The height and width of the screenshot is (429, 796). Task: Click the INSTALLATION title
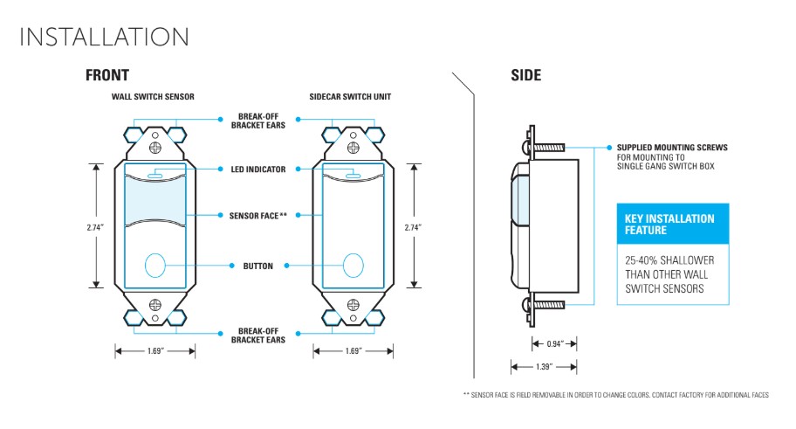(104, 38)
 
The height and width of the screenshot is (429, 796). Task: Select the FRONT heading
(106, 75)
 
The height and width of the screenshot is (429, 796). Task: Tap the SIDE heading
(525, 75)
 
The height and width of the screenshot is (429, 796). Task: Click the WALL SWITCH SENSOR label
(152, 96)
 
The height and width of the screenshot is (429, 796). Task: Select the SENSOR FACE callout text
(257, 215)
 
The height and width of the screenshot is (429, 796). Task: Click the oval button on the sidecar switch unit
(353, 265)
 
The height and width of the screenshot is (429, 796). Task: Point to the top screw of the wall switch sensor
(155, 136)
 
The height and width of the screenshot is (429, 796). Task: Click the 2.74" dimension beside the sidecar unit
(415, 227)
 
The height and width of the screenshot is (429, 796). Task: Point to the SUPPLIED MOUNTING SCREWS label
(671, 148)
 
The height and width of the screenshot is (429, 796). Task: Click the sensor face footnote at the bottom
(615, 395)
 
